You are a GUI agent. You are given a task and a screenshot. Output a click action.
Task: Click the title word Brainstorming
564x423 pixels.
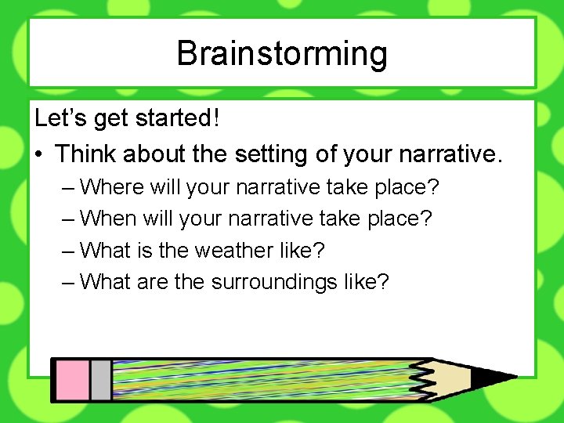point(282,53)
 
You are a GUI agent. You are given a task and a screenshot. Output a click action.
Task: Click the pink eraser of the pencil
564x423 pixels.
point(70,381)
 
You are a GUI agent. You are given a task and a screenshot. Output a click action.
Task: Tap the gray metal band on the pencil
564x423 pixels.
point(100,381)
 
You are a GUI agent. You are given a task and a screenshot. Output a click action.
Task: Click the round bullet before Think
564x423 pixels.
point(39,154)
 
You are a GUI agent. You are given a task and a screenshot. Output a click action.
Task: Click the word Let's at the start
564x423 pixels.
point(61,118)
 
